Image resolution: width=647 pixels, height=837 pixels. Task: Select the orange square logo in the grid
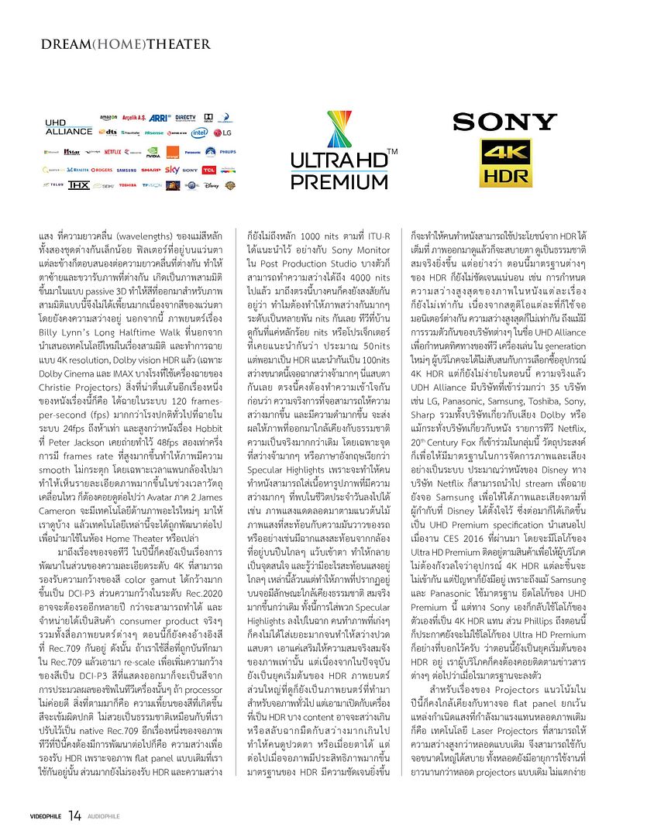pos(173,151)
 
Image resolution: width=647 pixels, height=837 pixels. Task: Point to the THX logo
pos(78,185)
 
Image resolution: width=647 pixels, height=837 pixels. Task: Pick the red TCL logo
pos(208,169)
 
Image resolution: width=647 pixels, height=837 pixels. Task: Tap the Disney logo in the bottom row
pos(213,185)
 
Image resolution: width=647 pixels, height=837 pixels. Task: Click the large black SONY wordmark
pos(504,121)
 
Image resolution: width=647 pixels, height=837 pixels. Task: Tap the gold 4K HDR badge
pos(504,164)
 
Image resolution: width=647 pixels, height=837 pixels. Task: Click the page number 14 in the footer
pos(74,815)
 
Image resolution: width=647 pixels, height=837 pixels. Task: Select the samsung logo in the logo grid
pos(126,169)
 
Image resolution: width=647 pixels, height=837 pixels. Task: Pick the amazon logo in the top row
pos(108,118)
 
